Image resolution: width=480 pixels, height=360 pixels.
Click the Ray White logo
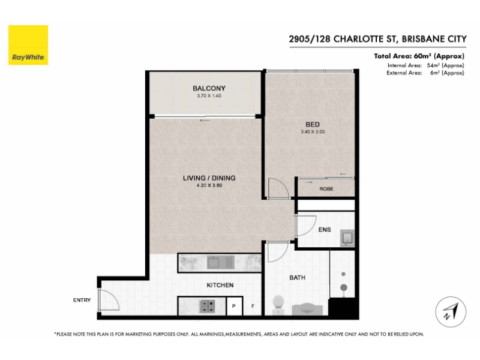click(28, 45)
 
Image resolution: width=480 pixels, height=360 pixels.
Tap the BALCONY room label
click(209, 88)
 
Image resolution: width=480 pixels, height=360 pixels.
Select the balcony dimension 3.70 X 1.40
click(209, 95)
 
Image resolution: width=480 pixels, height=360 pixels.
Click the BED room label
click(313, 125)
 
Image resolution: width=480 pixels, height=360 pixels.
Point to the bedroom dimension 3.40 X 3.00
click(313, 132)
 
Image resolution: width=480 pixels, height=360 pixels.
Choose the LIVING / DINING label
click(209, 178)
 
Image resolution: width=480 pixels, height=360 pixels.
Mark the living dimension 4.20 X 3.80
click(209, 185)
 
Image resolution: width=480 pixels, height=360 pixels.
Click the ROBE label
click(326, 189)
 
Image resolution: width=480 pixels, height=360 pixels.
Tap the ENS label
click(325, 230)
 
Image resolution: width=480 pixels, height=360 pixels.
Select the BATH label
click(297, 278)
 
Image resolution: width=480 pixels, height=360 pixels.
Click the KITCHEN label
click(220, 285)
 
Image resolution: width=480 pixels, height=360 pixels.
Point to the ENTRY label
click(82, 300)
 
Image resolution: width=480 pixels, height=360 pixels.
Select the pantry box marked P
click(235, 306)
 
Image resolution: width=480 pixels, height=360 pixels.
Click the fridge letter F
click(253, 306)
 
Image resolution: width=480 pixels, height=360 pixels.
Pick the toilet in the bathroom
click(278, 304)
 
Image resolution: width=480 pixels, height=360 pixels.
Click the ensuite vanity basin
click(348, 238)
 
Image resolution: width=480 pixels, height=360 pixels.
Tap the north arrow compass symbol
click(451, 312)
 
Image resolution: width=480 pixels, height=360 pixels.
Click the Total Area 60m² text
click(419, 56)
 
